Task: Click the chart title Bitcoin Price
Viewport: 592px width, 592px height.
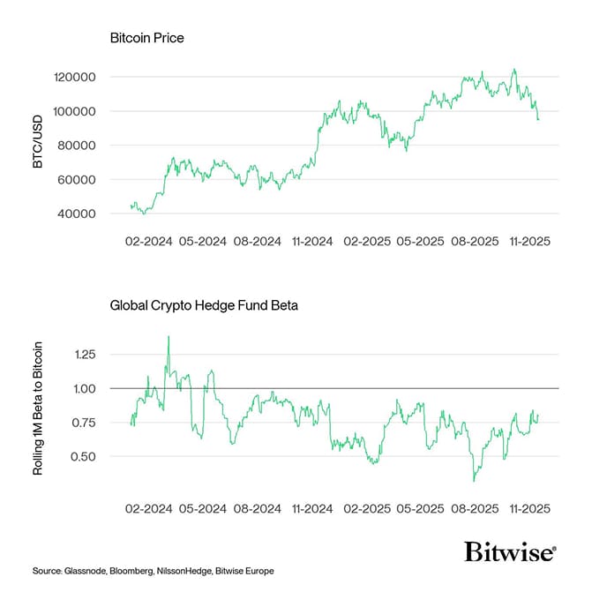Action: pos(146,39)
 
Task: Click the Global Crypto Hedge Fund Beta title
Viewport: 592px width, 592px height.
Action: pos(204,306)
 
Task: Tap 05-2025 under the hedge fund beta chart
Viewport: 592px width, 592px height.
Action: pos(419,509)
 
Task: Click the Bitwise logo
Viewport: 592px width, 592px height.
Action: pos(510,552)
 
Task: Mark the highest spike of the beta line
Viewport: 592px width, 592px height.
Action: pos(169,336)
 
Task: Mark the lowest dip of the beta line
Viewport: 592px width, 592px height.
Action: pos(474,481)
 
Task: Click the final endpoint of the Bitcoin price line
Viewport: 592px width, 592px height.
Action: pos(538,119)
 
